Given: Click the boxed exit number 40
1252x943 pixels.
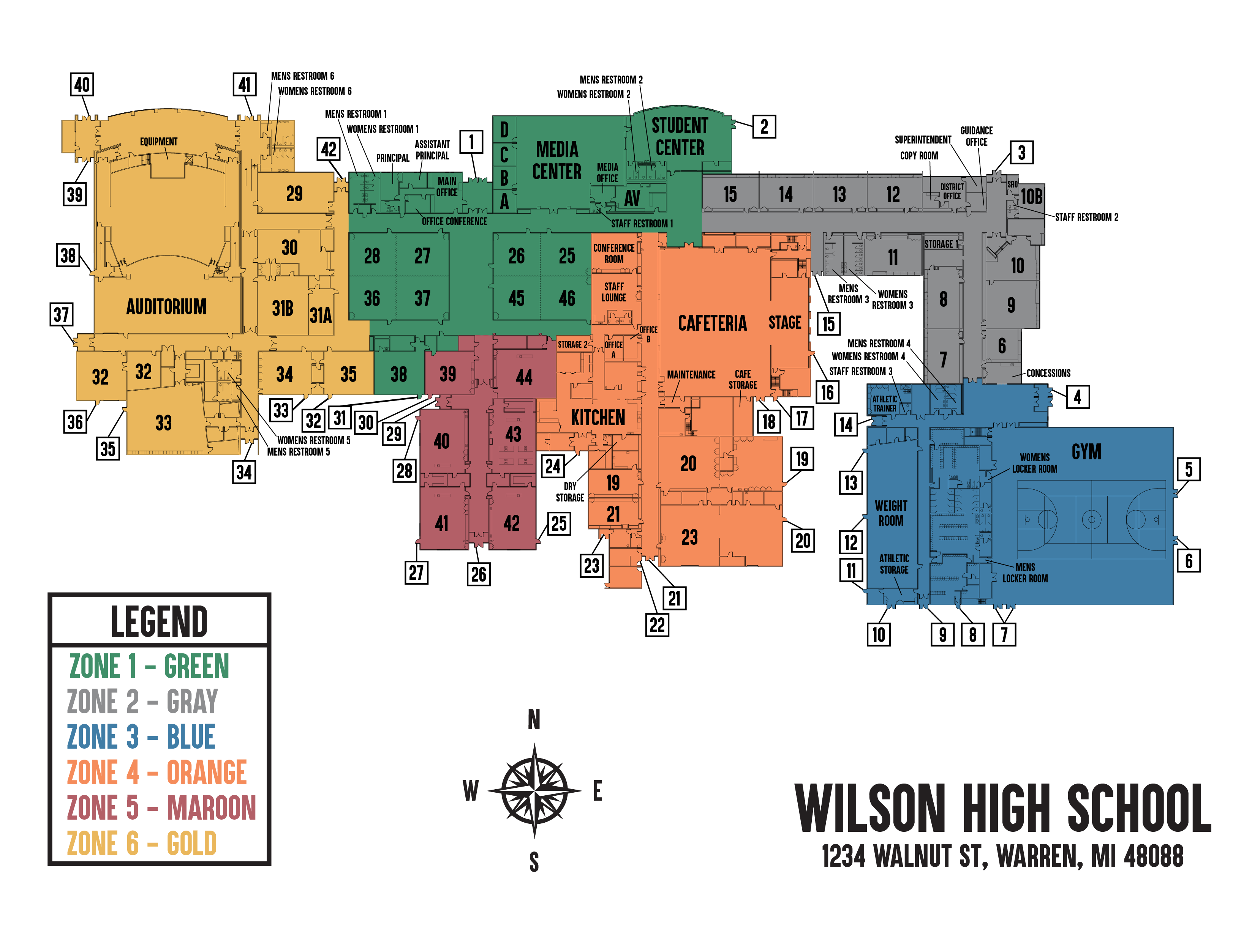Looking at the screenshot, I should pyautogui.click(x=82, y=85).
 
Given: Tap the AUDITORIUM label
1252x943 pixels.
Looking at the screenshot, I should pyautogui.click(x=166, y=307).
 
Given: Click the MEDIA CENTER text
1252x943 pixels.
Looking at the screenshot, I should pyautogui.click(x=556, y=161).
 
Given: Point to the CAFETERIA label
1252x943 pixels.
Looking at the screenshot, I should pyautogui.click(x=712, y=323).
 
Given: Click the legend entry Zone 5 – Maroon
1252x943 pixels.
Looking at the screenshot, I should pyautogui.click(x=161, y=808).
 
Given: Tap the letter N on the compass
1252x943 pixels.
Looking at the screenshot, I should pyautogui.click(x=534, y=720).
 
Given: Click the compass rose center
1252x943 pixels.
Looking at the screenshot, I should pyautogui.click(x=534, y=790).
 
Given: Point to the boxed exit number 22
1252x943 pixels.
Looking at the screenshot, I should pyautogui.click(x=657, y=625).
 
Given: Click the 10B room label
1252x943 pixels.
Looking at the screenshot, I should pyautogui.click(x=1031, y=197).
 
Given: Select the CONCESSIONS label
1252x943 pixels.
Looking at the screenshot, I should pyautogui.click(x=1048, y=373).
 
